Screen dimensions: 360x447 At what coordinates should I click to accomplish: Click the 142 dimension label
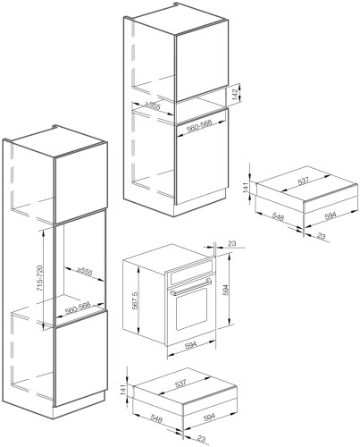[x=235, y=95]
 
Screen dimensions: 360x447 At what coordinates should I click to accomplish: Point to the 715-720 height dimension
[x=39, y=278]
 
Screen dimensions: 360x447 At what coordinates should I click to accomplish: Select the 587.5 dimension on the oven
[x=135, y=300]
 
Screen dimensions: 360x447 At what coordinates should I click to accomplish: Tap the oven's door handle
[x=190, y=287]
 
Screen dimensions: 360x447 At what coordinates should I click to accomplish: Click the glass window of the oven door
[x=191, y=308]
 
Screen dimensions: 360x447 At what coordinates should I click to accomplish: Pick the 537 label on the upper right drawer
[x=303, y=181]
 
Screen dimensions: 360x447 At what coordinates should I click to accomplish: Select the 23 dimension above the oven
[x=231, y=243]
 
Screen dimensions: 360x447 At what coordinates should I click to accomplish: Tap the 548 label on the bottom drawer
[x=155, y=419]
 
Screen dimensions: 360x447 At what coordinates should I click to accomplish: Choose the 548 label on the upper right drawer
[x=278, y=217]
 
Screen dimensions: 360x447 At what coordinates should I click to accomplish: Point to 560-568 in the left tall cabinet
[x=78, y=308]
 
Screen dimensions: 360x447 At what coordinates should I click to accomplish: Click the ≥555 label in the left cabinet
[x=85, y=272]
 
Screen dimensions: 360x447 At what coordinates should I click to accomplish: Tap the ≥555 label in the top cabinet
[x=153, y=105]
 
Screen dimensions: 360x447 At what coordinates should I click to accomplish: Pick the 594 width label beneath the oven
[x=190, y=344]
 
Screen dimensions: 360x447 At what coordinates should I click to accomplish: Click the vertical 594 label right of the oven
[x=226, y=290]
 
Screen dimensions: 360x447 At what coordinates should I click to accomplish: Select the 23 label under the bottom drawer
[x=202, y=439]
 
